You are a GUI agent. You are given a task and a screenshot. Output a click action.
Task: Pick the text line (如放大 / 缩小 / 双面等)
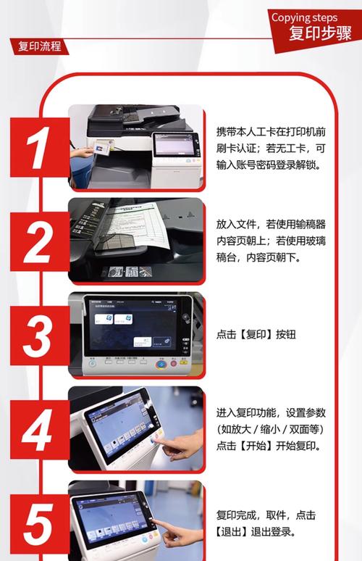point(271,429)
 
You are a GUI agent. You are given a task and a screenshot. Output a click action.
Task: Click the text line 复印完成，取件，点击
point(266,515)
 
